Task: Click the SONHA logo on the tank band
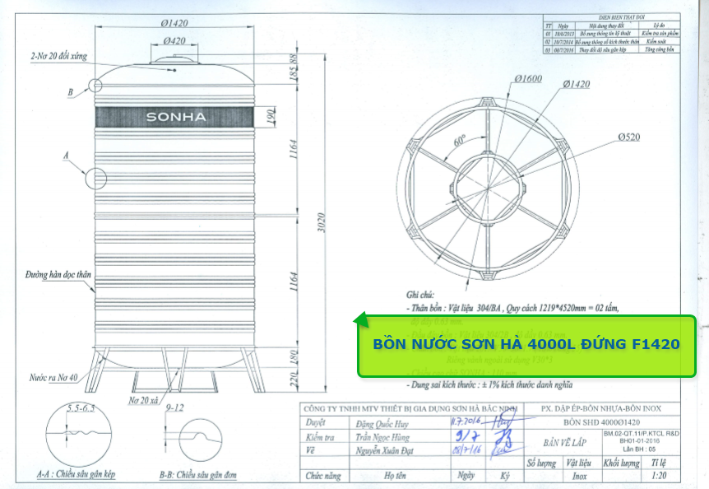(175, 117)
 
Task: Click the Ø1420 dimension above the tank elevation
(174, 22)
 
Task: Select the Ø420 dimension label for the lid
(174, 40)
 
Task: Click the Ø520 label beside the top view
(626, 137)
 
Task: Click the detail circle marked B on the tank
(95, 84)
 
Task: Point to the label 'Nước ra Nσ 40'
(53, 378)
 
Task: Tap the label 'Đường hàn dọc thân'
(58, 276)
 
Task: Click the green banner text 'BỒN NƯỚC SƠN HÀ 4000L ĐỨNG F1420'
(526, 344)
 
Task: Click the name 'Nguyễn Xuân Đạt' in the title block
(389, 452)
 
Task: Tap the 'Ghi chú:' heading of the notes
(425, 294)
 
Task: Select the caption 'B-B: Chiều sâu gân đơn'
(204, 475)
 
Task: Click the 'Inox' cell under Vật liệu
(579, 476)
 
